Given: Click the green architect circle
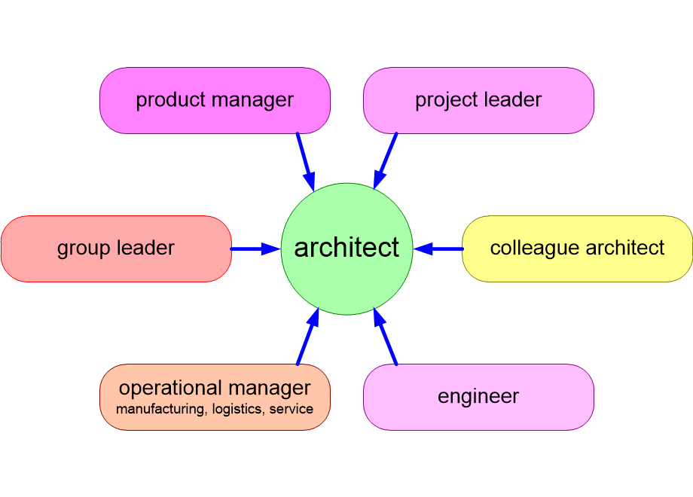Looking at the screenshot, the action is pos(347,248).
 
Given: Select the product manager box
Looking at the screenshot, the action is pos(215,100).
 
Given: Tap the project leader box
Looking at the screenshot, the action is pos(478,100).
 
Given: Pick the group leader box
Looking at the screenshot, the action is pos(116,248).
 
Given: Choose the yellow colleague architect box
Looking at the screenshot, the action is pos(577,248).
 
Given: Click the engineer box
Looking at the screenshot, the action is pos(478,397).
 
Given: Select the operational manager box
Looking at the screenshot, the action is pos(215,397).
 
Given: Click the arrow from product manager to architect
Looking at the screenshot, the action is pos(306,162).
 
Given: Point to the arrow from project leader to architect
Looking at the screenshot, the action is pos(385,161).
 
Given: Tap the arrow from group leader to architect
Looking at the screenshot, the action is pos(255,248).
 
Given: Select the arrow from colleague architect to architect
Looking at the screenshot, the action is pos(438,248).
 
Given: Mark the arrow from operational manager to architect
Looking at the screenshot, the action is pos(307,337).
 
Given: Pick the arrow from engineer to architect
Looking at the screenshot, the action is pos(386,336).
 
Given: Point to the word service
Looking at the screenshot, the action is pos(292,410).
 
